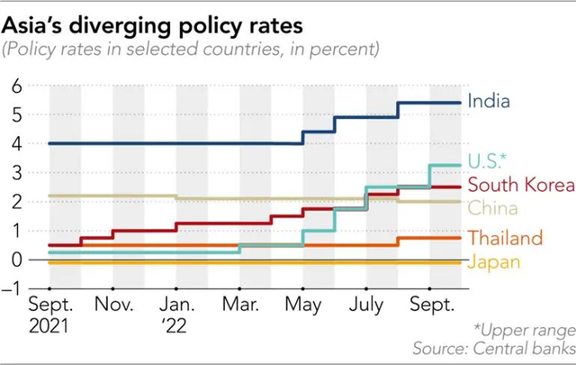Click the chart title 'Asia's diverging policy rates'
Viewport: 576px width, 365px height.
(152, 18)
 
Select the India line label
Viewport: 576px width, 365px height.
(490, 101)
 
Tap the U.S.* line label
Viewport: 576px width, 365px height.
(487, 160)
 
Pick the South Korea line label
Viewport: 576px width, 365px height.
(520, 186)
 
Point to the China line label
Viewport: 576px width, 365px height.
(491, 209)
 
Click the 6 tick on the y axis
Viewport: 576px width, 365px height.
(16, 87)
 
